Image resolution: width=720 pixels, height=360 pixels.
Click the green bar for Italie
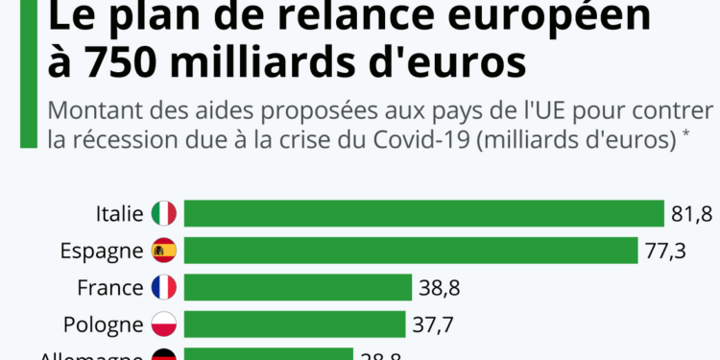click(423, 213)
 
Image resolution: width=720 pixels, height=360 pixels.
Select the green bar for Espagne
click(411, 251)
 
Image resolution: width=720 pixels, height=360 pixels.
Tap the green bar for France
click(298, 287)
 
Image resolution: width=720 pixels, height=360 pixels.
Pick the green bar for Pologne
click(295, 324)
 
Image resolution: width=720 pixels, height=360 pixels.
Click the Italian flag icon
click(164, 213)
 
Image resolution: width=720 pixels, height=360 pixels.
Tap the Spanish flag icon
click(164, 251)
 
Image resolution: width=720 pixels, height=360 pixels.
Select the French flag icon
click(164, 287)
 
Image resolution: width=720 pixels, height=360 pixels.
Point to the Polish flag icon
click(164, 324)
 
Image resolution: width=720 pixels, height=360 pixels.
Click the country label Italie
click(119, 213)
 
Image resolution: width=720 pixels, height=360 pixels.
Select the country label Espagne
click(101, 251)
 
